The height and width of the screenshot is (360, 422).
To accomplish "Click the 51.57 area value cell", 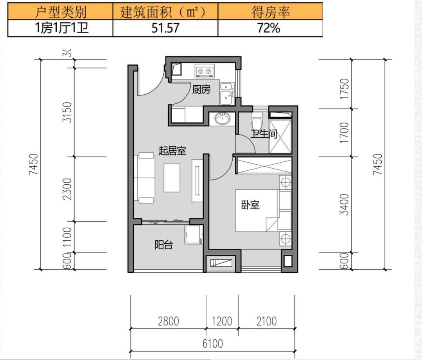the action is click(x=165, y=28).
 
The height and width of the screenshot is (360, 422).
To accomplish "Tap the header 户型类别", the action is click(x=60, y=12).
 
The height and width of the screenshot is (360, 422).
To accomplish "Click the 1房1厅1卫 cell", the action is click(x=62, y=28).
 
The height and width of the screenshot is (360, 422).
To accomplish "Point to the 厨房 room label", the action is click(x=201, y=90).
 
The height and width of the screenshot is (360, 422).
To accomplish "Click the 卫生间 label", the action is click(x=264, y=133).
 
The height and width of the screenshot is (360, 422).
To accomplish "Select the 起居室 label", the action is click(x=172, y=151).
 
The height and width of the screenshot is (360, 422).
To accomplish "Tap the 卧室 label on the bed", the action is click(x=250, y=205).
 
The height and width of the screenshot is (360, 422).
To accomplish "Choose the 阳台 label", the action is click(x=163, y=245).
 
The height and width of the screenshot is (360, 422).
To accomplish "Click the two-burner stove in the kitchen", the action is click(x=205, y=71).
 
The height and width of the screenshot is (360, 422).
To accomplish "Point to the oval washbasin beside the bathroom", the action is click(x=222, y=119).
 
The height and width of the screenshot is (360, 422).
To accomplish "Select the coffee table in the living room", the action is click(x=172, y=178).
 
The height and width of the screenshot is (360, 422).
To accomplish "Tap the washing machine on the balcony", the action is click(x=194, y=234).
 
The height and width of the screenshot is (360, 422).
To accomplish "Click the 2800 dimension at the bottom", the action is click(x=169, y=321).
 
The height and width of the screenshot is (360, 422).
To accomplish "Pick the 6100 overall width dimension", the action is click(x=213, y=344).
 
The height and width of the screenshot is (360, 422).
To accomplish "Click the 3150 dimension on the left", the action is click(x=67, y=112).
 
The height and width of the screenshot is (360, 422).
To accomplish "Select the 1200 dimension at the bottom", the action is click(x=222, y=321).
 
